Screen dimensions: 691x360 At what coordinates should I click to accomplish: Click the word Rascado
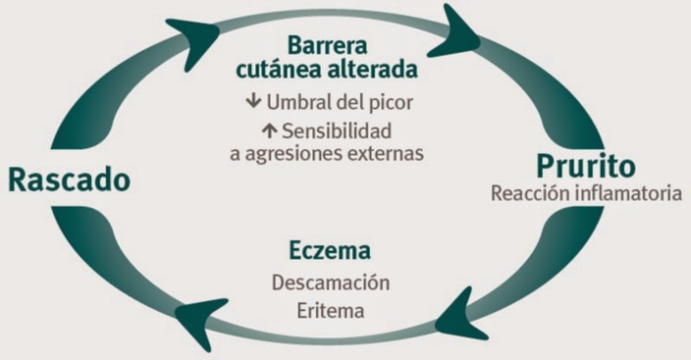pos(69,180)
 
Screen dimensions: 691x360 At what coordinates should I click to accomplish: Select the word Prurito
pos(585,165)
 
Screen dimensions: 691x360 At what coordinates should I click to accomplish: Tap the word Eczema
pos(330,252)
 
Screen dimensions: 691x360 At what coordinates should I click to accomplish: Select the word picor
pos(390,102)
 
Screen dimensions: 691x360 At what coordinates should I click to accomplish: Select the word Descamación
pos(330,283)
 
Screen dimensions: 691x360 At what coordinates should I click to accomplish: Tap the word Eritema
pos(330,309)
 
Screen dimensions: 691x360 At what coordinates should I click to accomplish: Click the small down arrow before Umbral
pos(253,101)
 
